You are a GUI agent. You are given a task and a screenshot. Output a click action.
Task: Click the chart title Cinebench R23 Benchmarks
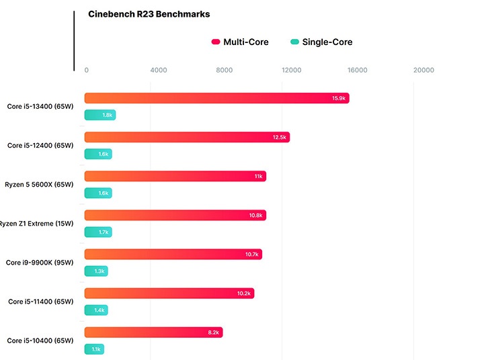coord(149,14)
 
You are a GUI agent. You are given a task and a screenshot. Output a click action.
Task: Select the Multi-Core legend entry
coord(240,42)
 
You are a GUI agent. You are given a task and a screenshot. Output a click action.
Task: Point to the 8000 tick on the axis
coord(225,70)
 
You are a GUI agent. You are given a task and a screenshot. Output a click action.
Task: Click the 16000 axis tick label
coord(358,70)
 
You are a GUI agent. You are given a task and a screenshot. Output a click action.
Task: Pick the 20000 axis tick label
coord(424,70)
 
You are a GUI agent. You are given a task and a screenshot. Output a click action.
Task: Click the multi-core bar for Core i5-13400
coord(216,98)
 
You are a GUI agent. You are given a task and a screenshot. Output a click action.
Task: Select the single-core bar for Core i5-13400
coord(100,115)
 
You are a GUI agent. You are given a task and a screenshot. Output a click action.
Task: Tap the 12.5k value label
coord(280,137)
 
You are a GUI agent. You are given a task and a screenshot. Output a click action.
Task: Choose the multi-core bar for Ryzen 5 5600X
coord(175,176)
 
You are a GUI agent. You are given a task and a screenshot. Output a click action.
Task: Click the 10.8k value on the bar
coord(255,215)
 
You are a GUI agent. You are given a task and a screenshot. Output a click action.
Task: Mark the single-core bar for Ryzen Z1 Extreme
coord(98,232)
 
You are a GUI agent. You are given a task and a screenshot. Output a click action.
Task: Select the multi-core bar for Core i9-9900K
coord(173,254)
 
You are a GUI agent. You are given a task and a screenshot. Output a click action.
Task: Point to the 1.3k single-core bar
coord(96,271)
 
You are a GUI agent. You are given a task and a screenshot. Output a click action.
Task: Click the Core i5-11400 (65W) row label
coord(40,302)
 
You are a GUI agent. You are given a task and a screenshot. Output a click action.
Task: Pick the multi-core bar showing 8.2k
coord(153,332)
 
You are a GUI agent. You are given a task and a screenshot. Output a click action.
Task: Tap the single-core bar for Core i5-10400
coord(94,349)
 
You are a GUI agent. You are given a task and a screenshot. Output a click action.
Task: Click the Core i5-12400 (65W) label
coord(40,145)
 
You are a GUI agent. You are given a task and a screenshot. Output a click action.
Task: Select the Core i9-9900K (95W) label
coord(40,263)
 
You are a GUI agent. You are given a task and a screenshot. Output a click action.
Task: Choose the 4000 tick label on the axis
coord(159,70)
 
